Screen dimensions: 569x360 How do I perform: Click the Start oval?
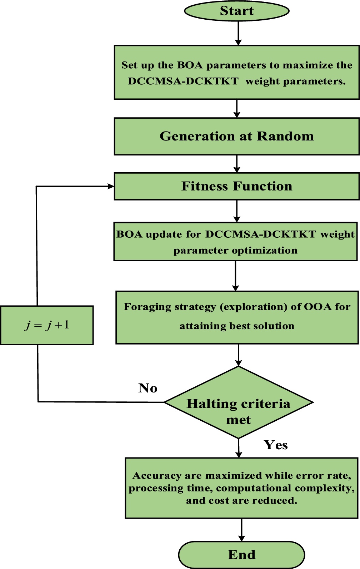(236, 11)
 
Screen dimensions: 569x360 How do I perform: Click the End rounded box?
(241, 555)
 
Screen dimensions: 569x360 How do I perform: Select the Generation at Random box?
(236, 137)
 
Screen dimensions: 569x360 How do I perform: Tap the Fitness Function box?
(236, 186)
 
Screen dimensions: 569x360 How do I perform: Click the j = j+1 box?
(47, 325)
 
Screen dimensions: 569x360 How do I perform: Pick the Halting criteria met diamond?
(238, 402)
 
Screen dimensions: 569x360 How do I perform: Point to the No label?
(147, 388)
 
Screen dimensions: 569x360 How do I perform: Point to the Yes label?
(276, 445)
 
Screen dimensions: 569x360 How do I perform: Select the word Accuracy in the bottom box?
(157, 476)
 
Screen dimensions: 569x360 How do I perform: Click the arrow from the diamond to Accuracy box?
(239, 448)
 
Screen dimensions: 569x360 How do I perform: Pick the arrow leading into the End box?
(242, 530)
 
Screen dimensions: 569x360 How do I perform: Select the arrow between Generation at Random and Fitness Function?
(237, 164)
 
